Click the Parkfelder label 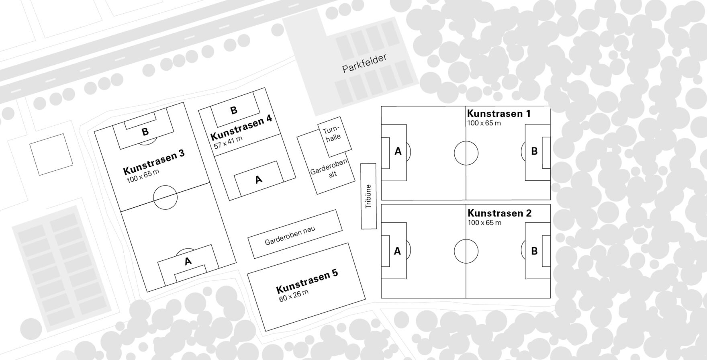(x=364, y=63)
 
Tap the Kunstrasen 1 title (x=499, y=114)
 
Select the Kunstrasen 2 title (x=499, y=213)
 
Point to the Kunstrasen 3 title (x=154, y=162)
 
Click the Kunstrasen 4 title (x=241, y=127)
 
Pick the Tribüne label (x=368, y=196)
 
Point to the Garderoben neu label (x=290, y=236)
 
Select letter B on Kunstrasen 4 (x=234, y=110)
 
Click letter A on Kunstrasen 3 (x=188, y=261)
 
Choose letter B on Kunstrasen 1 (x=534, y=151)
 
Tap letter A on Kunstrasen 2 (x=397, y=251)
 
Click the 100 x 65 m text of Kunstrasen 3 (x=143, y=176)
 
